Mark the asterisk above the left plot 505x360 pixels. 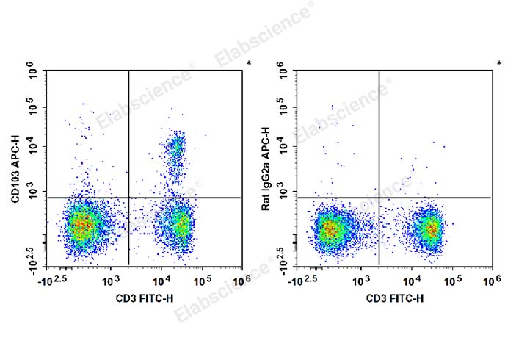click(x=249, y=64)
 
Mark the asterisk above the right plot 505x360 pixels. click(x=498, y=64)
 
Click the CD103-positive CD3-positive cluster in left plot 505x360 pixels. click(x=177, y=151)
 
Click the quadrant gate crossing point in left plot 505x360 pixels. click(x=129, y=198)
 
